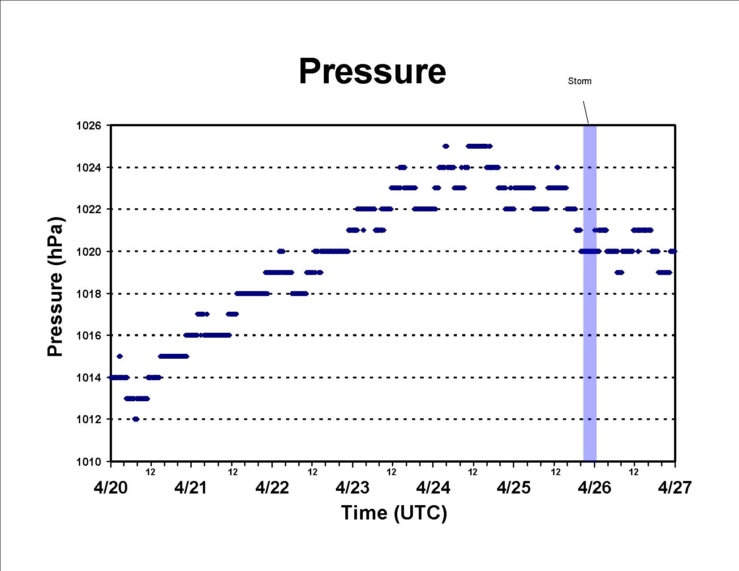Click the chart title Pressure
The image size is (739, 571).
coord(372,71)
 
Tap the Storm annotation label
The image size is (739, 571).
coord(580,81)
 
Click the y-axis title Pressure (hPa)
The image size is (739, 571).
coord(55,287)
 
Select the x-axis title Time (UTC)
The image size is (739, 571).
coord(394,513)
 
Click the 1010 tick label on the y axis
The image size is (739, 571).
coord(89,462)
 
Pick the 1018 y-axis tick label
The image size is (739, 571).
coord(89,293)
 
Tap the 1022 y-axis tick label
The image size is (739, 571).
coord(89,209)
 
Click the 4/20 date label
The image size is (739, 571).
coord(111,488)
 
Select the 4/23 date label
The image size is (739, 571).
coord(352,488)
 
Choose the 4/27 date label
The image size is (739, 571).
coord(675,488)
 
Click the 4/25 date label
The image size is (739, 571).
coord(514,488)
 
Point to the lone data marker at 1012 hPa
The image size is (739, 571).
coord(136,419)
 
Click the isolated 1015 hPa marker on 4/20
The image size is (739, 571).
coord(120,356)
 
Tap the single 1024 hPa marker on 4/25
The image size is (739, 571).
coord(557,167)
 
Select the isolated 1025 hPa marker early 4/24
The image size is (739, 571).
coord(446,146)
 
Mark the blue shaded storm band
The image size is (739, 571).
coord(590,293)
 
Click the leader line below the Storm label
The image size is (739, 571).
coord(586,112)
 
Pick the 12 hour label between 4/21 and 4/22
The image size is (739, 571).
coord(232,472)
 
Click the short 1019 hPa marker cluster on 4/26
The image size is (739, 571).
coord(619,272)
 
